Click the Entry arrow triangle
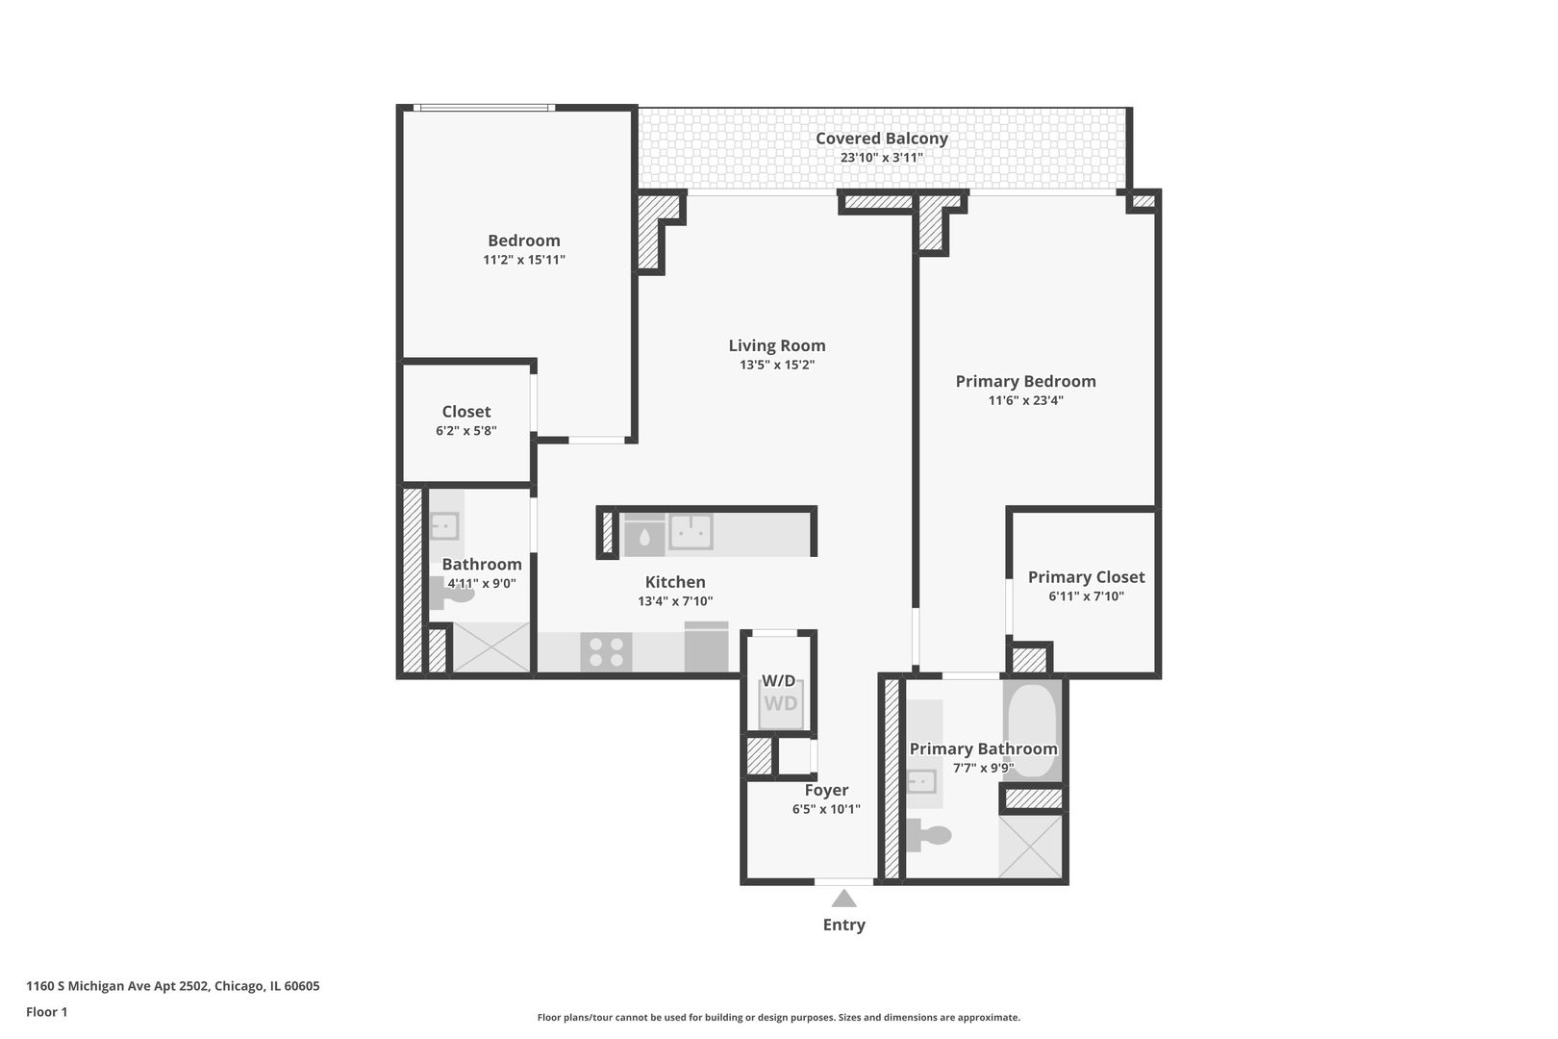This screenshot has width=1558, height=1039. pyautogui.click(x=843, y=899)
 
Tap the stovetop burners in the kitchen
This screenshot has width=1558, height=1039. pyautogui.click(x=606, y=652)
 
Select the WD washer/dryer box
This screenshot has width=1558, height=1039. pyautogui.click(x=780, y=703)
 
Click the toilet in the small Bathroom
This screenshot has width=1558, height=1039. pyautogui.click(x=455, y=593)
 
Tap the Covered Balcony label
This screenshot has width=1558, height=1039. pyautogui.click(x=881, y=139)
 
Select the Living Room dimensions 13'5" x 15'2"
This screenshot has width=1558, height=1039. pyautogui.click(x=776, y=365)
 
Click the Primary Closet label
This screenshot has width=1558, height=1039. pyautogui.click(x=1086, y=577)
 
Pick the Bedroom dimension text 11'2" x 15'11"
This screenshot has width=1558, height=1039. pyautogui.click(x=523, y=260)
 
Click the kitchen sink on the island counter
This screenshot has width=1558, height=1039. pyautogui.click(x=691, y=531)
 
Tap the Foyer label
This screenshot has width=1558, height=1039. pyautogui.click(x=826, y=791)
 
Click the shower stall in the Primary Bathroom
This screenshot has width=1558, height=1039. pyautogui.click(x=1031, y=847)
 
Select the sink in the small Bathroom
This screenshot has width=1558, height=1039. pyautogui.click(x=444, y=526)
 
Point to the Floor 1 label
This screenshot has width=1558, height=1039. pyautogui.click(x=46, y=1012)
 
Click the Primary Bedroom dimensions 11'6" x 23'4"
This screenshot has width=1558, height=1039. pyautogui.click(x=1025, y=400)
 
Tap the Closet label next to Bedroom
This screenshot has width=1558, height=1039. pyautogui.click(x=466, y=412)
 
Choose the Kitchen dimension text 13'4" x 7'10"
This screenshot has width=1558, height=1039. pyautogui.click(x=674, y=601)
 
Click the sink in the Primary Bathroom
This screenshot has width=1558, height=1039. pyautogui.click(x=921, y=780)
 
